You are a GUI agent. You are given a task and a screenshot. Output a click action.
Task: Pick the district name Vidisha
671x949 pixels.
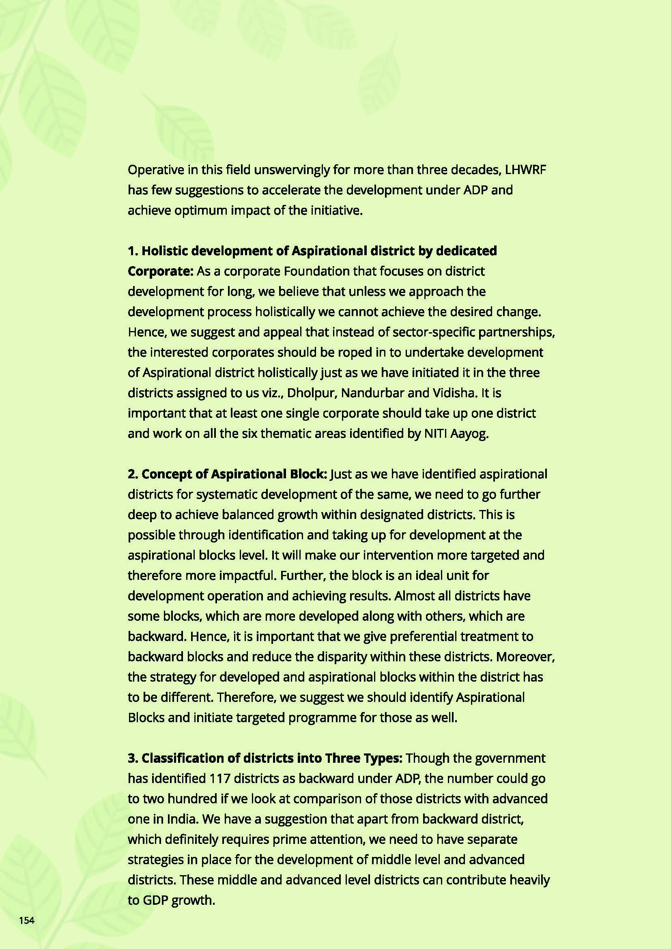[453, 393]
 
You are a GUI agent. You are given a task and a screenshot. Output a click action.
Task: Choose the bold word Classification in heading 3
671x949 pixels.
[183, 758]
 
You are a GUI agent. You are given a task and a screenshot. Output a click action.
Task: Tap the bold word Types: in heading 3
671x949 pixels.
[383, 758]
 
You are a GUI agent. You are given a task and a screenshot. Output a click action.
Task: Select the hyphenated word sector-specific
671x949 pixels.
[435, 332]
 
